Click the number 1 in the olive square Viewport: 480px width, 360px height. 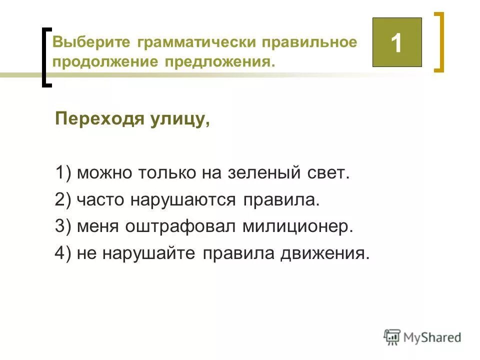coord(396,43)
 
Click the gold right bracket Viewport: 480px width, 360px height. coord(438,43)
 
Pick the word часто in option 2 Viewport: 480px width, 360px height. coord(101,200)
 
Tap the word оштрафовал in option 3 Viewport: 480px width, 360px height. coord(182,227)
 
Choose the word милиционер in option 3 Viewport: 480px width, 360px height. coord(298,227)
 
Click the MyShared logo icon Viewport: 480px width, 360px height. coord(392,337)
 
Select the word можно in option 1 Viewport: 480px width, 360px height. coord(102,173)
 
